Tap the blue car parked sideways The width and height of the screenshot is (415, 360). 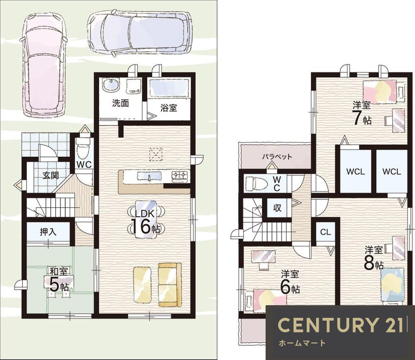pos(140,33)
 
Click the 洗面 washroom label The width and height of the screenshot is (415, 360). pos(120,103)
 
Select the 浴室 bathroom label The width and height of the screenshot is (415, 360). pos(168,108)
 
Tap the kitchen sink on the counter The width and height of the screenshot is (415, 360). pos(149,176)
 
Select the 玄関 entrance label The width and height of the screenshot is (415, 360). pos(51,175)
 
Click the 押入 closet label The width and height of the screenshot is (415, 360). pos(48,232)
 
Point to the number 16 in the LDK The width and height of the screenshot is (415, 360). pos(141,226)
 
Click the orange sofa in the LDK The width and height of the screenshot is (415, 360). pos(170,285)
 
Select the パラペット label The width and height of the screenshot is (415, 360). pos(277,157)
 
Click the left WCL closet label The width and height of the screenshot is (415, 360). pos(356,171)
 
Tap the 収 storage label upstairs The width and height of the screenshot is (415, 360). pos(277,208)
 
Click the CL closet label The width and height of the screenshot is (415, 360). pos(325,232)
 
